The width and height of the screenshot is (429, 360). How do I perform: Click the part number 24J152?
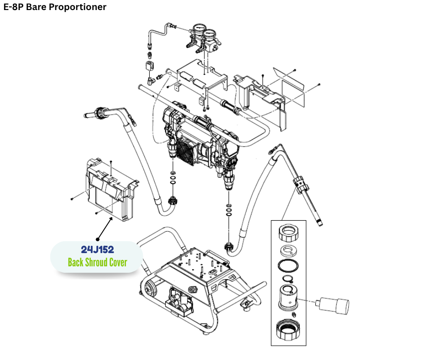tap(97, 250)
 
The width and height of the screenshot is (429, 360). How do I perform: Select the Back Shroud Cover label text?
tap(97, 262)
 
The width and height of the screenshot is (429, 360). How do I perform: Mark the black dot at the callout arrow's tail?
tap(97, 238)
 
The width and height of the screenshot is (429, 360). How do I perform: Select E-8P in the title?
tap(13, 7)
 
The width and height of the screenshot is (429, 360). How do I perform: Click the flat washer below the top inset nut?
tap(288, 251)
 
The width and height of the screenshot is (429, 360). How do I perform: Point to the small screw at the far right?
tap(319, 85)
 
